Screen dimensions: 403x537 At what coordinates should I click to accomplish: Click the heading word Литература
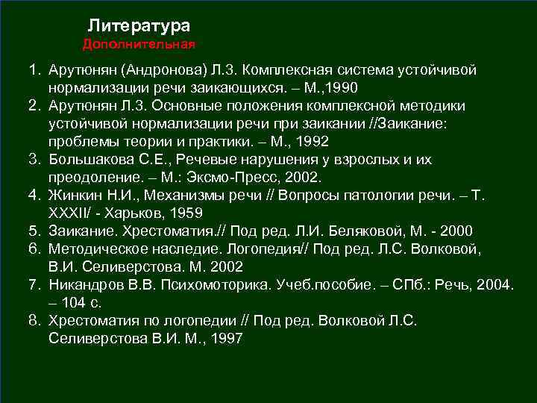[x=144, y=26]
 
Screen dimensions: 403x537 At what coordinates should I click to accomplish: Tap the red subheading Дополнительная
[x=139, y=45]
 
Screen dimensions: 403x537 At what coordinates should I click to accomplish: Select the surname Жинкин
[x=74, y=196]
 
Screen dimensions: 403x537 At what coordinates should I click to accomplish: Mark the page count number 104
[x=73, y=302]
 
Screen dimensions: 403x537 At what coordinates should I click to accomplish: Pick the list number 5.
[x=34, y=231]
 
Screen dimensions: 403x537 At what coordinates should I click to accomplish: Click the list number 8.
[x=34, y=320]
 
